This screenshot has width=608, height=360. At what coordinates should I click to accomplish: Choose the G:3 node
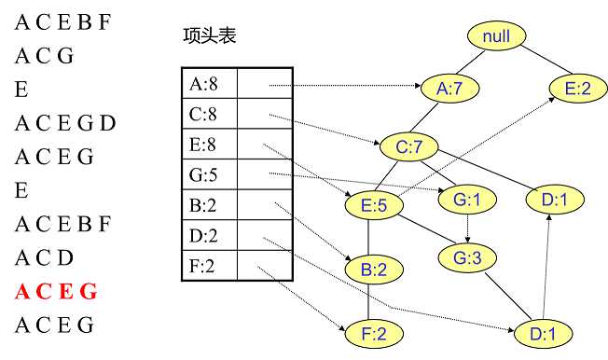coord(465,258)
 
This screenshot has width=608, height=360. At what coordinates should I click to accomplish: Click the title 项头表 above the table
coord(210,36)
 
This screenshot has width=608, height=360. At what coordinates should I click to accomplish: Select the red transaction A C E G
coord(56,292)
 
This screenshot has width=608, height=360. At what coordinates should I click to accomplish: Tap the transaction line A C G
coord(44,56)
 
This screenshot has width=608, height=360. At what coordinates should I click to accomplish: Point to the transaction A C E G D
coord(65,123)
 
